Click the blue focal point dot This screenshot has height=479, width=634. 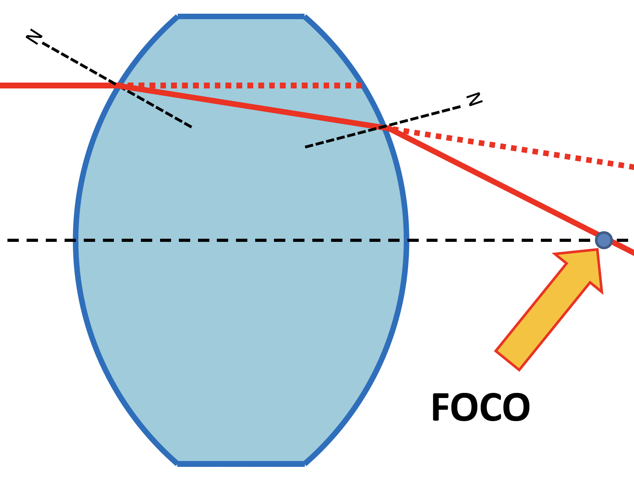(603, 240)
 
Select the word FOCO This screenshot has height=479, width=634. (480, 408)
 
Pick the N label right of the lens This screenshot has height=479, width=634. (475, 99)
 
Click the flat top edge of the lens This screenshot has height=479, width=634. (241, 16)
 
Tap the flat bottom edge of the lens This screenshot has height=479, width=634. (241, 464)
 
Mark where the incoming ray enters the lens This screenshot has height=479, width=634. (117, 85)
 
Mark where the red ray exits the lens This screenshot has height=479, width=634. (386, 127)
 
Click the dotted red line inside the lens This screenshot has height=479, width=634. (243, 85)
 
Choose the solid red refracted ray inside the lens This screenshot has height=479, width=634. (250, 106)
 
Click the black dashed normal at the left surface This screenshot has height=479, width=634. (157, 108)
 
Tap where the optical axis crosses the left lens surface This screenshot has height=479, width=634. (76, 240)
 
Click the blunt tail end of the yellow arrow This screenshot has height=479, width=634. (508, 360)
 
